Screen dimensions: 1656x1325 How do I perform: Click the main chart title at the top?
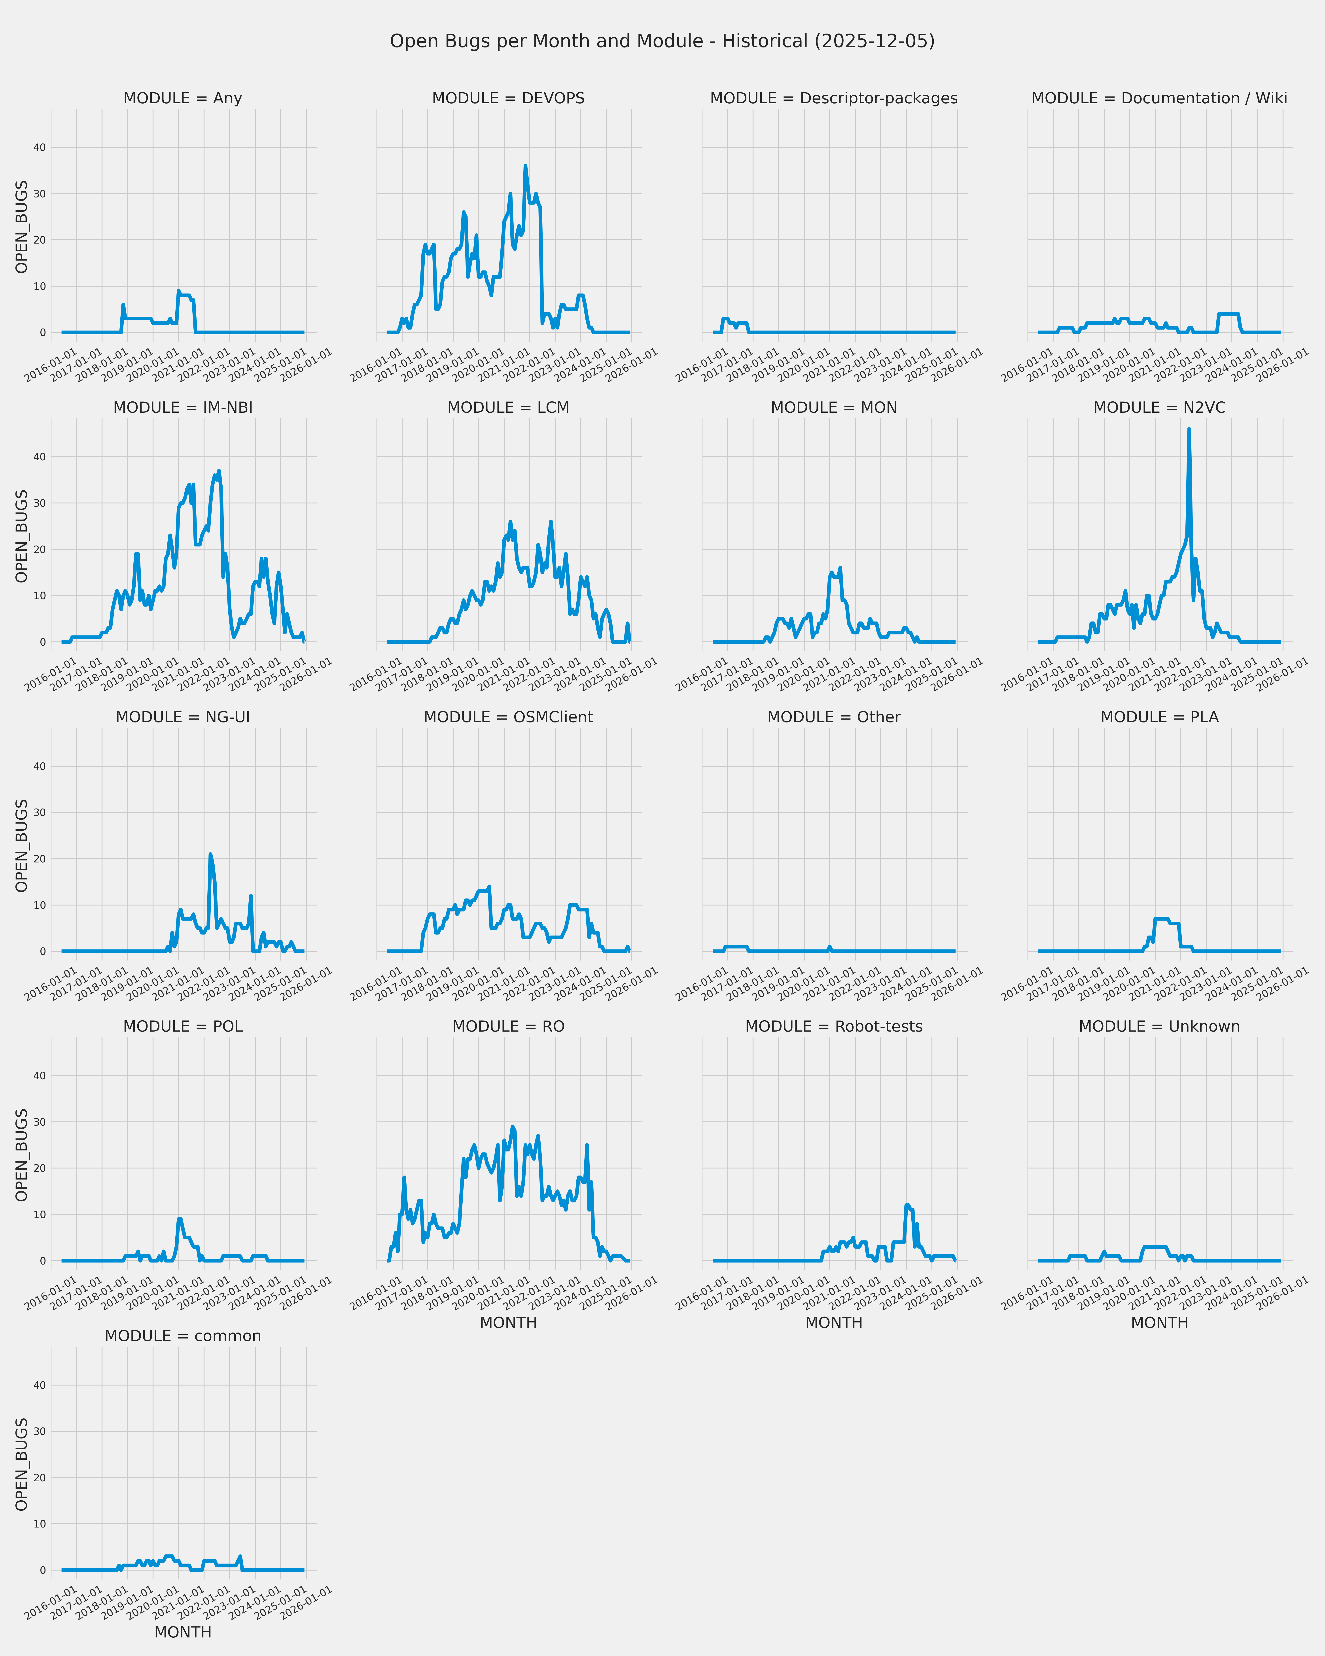pyautogui.click(x=662, y=42)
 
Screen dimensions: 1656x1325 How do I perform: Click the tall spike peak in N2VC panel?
pyautogui.click(x=1189, y=429)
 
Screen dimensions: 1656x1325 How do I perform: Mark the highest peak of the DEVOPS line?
pyautogui.click(x=525, y=166)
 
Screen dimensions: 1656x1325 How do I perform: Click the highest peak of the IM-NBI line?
pyautogui.click(x=219, y=471)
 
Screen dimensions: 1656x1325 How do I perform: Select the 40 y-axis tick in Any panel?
pyautogui.click(x=39, y=147)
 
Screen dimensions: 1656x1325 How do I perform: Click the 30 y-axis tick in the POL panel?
pyautogui.click(x=39, y=1122)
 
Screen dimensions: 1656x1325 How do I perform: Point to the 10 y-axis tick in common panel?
pyautogui.click(x=39, y=1524)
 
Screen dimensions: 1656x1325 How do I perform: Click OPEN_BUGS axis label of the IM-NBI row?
pyautogui.click(x=21, y=536)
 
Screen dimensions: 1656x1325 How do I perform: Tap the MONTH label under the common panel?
pyautogui.click(x=183, y=1632)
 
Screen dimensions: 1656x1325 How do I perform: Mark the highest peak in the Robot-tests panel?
pyautogui.click(x=907, y=1205)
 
